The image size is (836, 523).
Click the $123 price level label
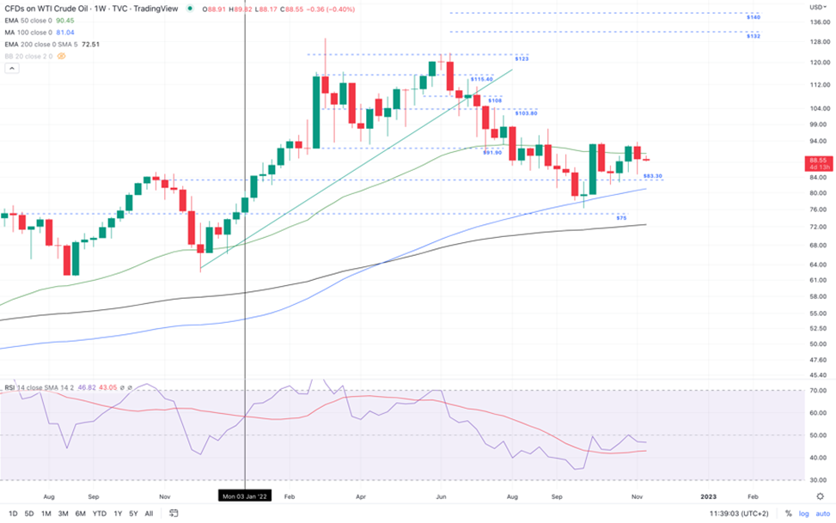(522, 58)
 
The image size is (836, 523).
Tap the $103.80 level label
(525, 113)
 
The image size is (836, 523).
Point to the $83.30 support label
(653, 175)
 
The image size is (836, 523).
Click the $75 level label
(621, 218)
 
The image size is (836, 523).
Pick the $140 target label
(753, 16)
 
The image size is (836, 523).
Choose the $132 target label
(753, 36)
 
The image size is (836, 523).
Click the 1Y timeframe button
(117, 514)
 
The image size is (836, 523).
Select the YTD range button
(99, 514)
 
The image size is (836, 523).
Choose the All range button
(149, 514)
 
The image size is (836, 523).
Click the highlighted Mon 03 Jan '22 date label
(246, 496)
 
